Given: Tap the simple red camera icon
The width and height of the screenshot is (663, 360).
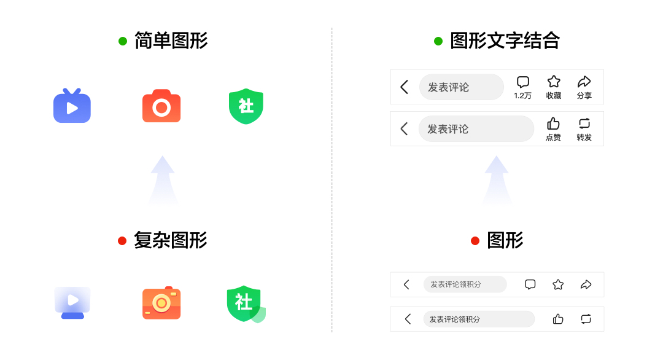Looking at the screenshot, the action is click(161, 106).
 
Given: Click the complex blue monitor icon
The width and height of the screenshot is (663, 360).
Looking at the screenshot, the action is click(72, 302).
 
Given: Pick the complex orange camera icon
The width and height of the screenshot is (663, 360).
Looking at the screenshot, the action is click(161, 302).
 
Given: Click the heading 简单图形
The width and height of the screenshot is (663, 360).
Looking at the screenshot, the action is click(171, 41).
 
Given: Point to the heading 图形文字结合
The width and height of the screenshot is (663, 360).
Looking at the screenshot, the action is click(505, 41).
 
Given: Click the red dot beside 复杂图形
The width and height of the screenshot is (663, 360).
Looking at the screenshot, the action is click(122, 241).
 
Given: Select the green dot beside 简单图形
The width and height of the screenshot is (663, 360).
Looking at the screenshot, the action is click(123, 41).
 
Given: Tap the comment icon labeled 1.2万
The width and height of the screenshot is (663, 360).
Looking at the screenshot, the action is click(523, 82).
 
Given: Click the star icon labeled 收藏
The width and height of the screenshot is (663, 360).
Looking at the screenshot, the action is click(554, 82).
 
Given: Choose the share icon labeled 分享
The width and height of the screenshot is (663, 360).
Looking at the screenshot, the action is click(584, 82).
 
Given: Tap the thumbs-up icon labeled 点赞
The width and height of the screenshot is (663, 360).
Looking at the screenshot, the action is click(553, 123).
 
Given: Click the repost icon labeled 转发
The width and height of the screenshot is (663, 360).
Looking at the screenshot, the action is click(584, 123).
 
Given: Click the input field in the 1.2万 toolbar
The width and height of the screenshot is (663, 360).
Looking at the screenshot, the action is click(461, 87).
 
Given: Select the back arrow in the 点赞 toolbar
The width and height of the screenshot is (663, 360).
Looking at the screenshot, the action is click(404, 129).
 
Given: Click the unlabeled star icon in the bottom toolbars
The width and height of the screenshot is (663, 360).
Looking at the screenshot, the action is click(558, 284).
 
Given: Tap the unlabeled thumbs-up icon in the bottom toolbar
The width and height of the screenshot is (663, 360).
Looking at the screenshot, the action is click(558, 319).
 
